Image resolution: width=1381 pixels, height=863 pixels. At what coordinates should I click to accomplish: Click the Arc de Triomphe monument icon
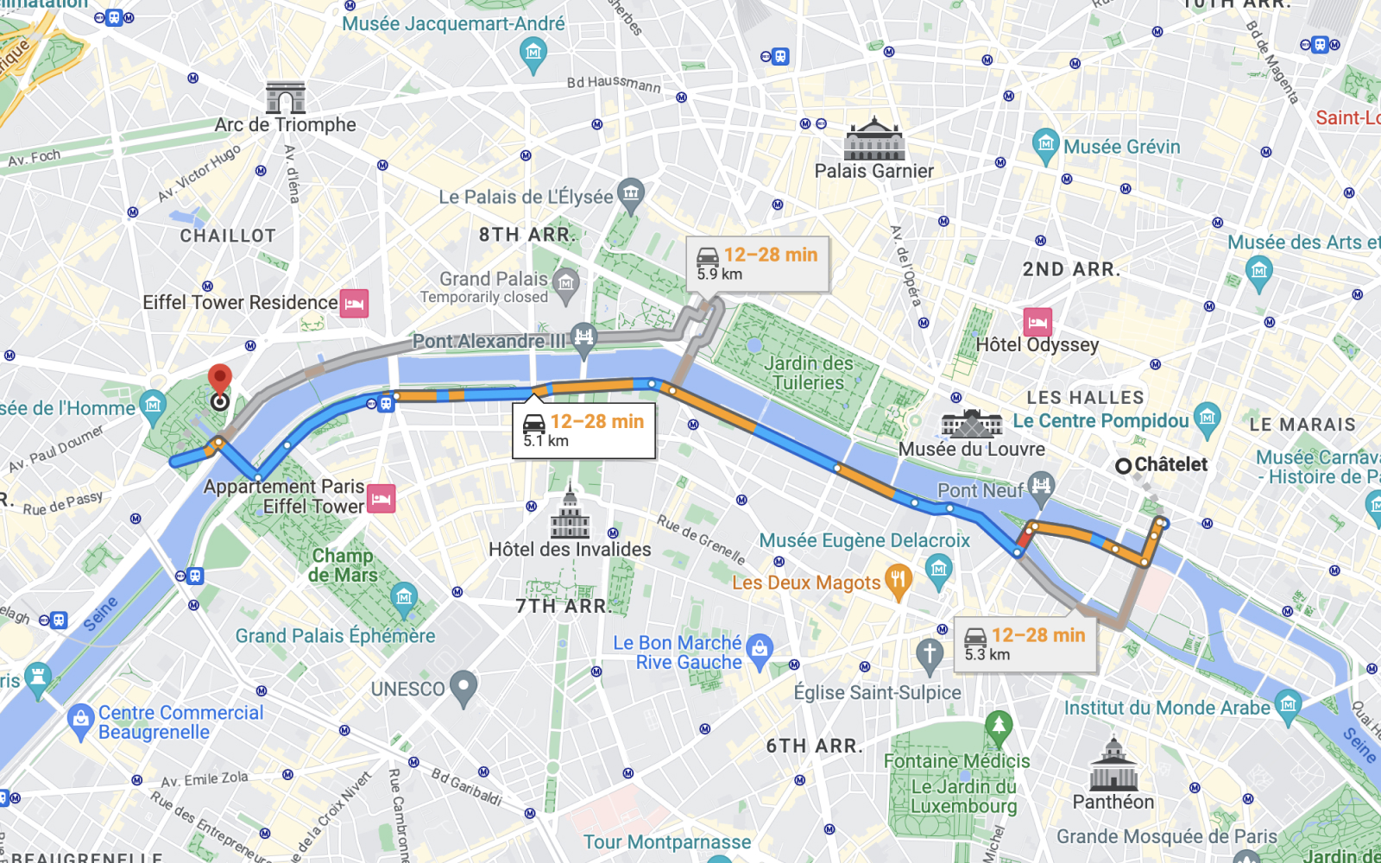coord(286,98)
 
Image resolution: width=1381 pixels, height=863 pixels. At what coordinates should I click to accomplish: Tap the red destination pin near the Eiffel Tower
coord(220,381)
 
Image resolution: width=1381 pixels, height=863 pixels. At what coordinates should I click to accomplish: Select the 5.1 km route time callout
coord(583,430)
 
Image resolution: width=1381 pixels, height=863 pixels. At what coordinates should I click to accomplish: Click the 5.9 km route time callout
coord(757,263)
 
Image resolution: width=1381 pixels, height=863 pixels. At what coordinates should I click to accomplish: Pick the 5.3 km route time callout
coord(1025,644)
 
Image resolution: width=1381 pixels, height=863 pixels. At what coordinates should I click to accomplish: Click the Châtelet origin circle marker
coord(1123,466)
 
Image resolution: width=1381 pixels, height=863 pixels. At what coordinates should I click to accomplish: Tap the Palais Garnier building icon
coord(874,139)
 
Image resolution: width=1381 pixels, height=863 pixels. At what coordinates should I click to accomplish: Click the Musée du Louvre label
coord(971,450)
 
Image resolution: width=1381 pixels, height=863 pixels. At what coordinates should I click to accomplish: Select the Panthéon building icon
coord(1113,765)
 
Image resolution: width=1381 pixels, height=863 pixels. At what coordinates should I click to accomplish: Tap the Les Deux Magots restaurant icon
coord(899,583)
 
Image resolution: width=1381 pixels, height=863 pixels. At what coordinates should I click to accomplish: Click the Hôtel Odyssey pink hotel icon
coord(1037,322)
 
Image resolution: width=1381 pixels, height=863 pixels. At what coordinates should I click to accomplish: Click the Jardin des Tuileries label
coord(808,373)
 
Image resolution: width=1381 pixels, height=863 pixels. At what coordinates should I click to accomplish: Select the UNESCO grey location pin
coord(463,688)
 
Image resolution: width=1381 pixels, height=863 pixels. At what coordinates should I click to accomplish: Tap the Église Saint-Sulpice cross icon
coord(929,656)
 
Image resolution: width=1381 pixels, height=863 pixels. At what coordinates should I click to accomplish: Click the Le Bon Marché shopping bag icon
coord(760,652)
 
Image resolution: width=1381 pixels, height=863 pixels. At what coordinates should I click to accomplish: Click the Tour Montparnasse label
coord(666,842)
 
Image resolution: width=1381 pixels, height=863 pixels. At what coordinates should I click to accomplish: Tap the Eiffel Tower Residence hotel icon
coord(354,303)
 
